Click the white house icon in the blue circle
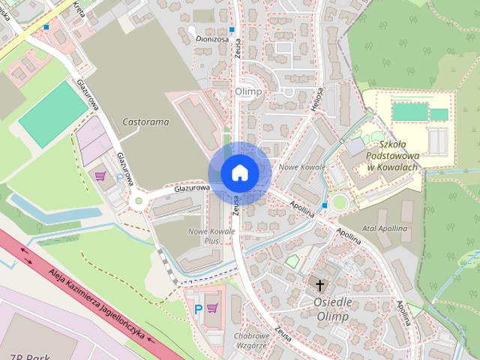239,172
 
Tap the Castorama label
145,121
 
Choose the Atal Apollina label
384,228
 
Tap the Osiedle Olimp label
322,310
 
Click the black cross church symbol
320,285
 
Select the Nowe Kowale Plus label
211,236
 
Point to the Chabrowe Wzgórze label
251,340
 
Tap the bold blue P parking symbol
198,308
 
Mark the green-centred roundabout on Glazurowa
138,200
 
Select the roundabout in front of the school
340,202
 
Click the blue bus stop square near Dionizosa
232,30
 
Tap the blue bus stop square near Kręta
46,28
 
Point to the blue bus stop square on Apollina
324,205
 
